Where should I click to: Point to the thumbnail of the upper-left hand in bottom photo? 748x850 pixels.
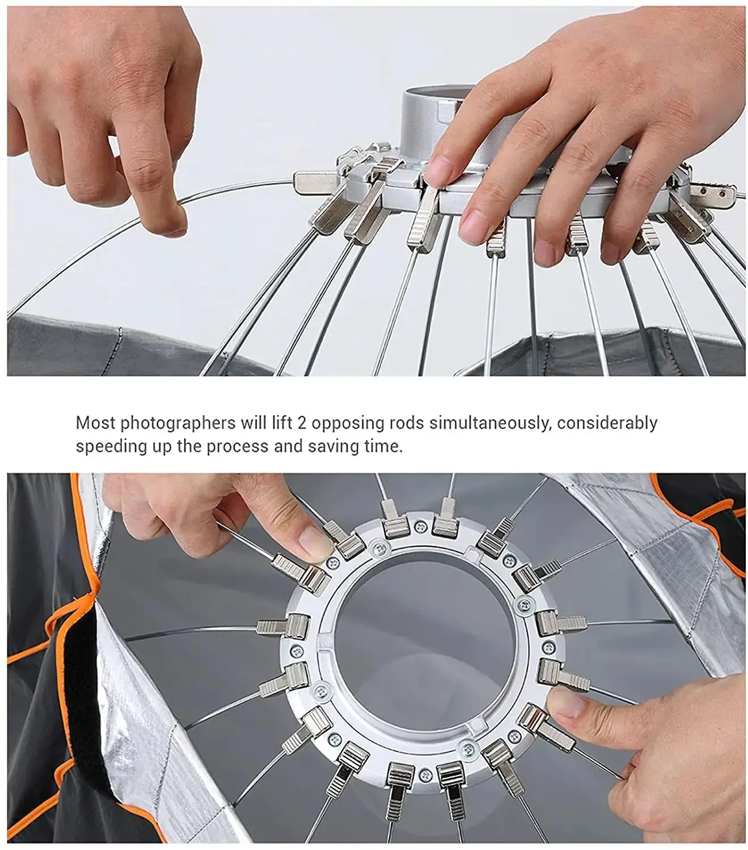point(313,538)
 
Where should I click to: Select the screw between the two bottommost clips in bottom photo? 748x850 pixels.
point(424,772)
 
